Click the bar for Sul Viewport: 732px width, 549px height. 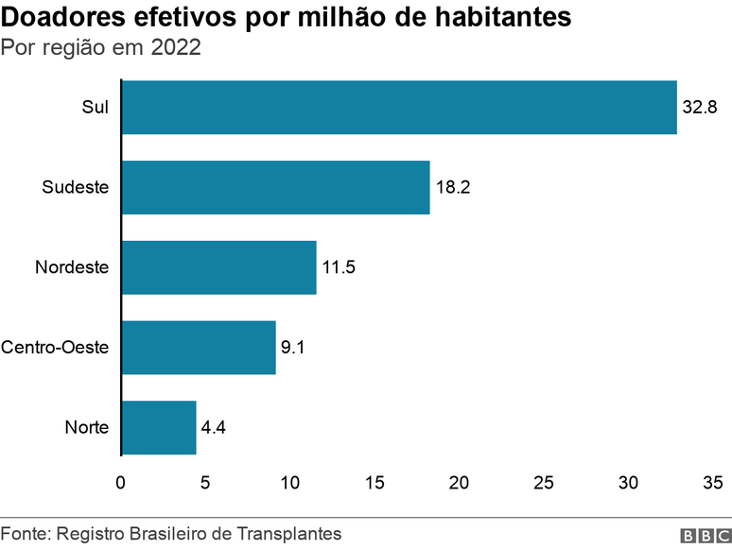pos(399,107)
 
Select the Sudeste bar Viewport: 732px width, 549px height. pos(275,187)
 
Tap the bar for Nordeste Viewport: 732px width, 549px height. pos(218,267)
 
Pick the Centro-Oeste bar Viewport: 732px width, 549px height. pos(199,348)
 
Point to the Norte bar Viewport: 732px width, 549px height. pos(159,428)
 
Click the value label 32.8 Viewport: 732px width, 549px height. pos(700,107)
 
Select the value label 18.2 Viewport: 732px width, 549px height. pos(453,187)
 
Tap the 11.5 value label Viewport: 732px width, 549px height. pos(339,267)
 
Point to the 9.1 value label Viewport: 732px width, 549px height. pos(293,348)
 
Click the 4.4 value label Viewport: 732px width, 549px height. pos(214,428)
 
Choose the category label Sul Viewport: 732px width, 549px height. pos(95,107)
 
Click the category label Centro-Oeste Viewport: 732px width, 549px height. pos(55,348)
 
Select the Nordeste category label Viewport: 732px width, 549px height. pos(72,267)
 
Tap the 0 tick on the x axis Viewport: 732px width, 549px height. pos(120,483)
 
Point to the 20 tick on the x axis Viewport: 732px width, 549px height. pos(460,483)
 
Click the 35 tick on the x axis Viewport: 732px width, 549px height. pos(713,483)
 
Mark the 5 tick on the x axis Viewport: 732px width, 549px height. pos(205,483)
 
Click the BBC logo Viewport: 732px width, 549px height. pos(700,536)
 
